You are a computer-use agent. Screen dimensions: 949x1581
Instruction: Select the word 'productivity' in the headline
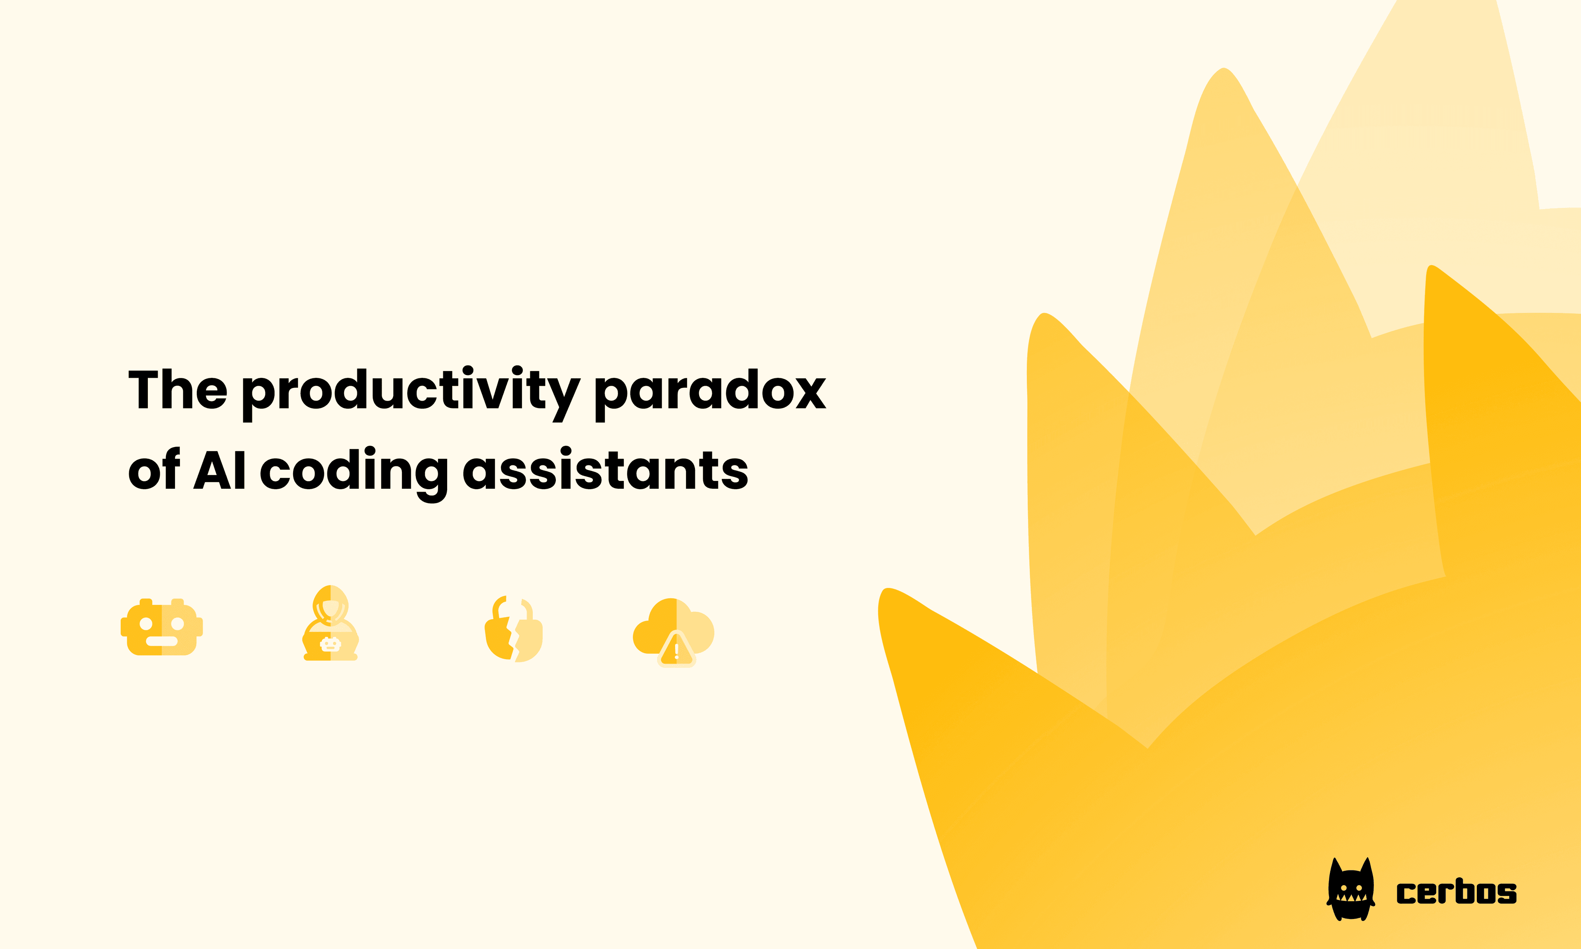coord(410,392)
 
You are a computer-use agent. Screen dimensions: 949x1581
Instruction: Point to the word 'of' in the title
coord(154,470)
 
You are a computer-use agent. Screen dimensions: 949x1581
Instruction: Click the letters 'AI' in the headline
coord(219,470)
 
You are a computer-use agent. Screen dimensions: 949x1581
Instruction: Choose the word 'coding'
coord(354,472)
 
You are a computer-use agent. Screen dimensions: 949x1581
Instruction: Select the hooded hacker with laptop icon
coord(330,623)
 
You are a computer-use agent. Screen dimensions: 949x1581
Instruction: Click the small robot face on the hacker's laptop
coord(330,645)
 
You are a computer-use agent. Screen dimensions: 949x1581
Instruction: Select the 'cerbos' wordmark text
coord(1456,893)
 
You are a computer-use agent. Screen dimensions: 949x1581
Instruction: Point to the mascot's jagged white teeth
coord(1351,897)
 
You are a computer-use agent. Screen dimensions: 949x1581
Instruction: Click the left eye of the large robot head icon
coord(146,623)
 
